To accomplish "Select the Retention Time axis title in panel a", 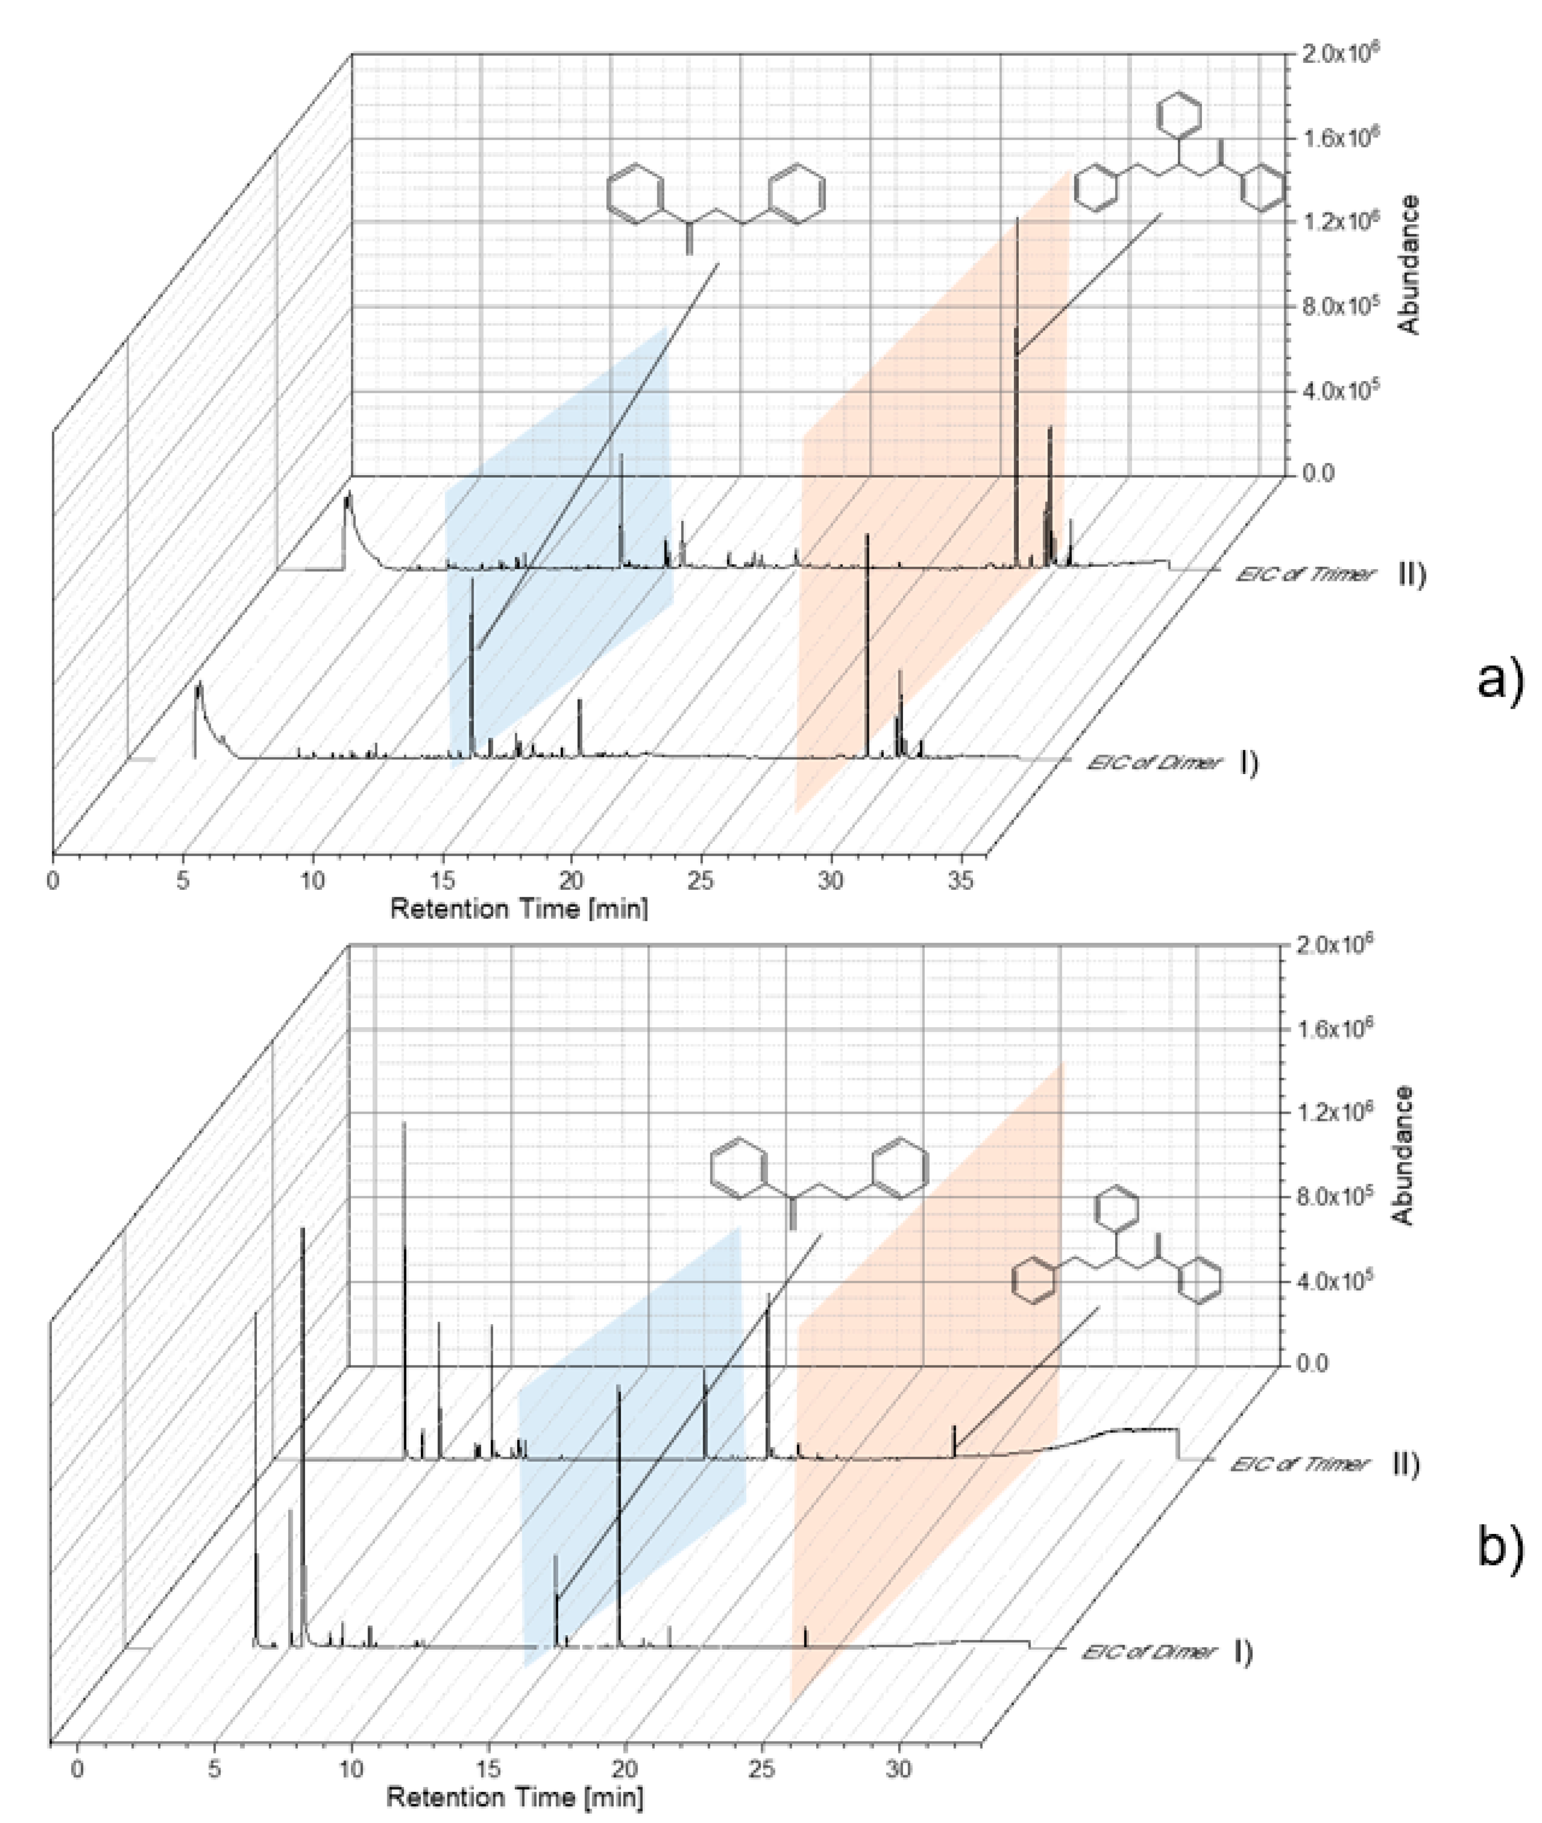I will pos(519,909).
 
